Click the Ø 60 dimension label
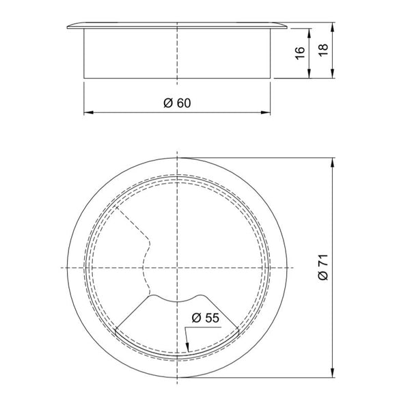[x=176, y=102]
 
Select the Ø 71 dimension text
[x=324, y=266]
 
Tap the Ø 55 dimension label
[x=205, y=318]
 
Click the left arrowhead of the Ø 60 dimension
[x=87, y=113]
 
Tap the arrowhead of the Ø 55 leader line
[x=186, y=354]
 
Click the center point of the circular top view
[x=177, y=267]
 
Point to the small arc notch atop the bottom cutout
[x=177, y=299]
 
